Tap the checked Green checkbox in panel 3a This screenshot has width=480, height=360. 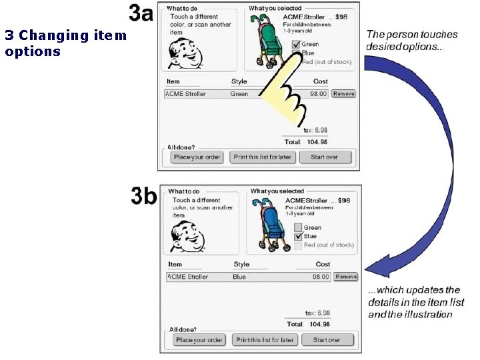297,45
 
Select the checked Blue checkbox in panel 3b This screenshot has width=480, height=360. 298,237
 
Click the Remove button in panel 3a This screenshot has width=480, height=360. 343,94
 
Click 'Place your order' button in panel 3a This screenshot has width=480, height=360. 197,157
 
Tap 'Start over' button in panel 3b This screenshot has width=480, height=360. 327,340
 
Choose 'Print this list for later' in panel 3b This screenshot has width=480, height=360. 265,340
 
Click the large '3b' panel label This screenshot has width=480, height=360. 144,197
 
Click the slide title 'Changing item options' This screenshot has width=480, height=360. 65,43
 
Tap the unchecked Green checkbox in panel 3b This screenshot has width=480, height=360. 298,227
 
